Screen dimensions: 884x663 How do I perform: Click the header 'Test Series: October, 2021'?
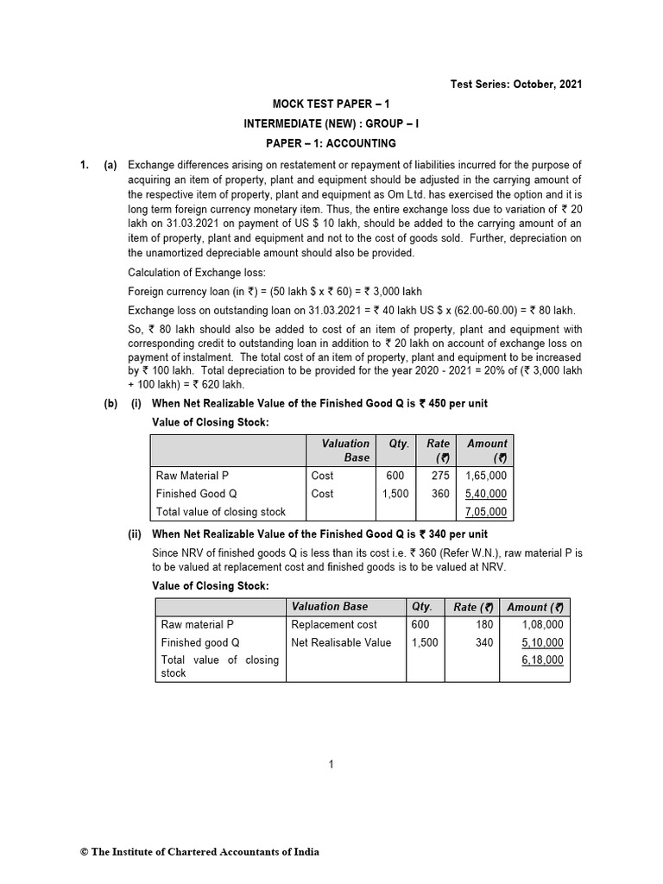(x=516, y=84)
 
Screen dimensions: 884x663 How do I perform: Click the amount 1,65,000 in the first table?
(x=485, y=476)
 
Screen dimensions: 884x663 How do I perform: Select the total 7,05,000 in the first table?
(x=485, y=512)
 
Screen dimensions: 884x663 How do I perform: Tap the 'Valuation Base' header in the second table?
(x=330, y=607)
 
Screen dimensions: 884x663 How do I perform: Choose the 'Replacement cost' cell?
(x=334, y=624)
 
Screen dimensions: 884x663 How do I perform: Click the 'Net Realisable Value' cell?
(x=341, y=642)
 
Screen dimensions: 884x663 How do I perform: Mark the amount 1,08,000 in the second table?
(x=542, y=624)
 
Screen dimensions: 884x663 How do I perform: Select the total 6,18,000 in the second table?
(x=542, y=660)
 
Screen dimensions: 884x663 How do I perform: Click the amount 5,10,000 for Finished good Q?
(x=542, y=642)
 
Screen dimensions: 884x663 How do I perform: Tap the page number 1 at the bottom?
(x=331, y=764)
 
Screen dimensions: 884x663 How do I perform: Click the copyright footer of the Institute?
(x=199, y=852)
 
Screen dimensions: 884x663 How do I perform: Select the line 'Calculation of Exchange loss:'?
(x=198, y=273)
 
